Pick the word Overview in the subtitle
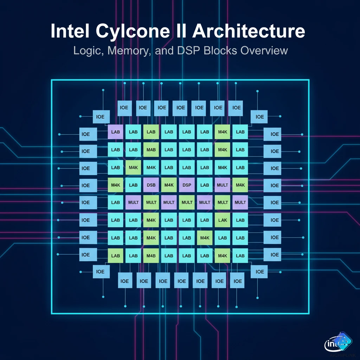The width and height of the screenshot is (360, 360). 264,50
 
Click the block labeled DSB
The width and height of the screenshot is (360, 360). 151,185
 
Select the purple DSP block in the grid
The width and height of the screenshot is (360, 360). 187,185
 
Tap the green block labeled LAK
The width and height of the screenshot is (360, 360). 223,220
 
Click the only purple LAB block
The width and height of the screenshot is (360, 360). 115,132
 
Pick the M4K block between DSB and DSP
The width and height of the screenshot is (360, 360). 169,185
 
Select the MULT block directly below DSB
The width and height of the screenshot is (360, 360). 151,202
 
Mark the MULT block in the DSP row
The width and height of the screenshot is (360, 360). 223,185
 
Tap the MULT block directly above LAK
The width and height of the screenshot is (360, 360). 223,202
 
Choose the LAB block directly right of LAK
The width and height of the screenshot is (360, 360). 240,220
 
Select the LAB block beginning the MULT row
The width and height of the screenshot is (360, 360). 115,202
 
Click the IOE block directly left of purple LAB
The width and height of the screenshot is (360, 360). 86,134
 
